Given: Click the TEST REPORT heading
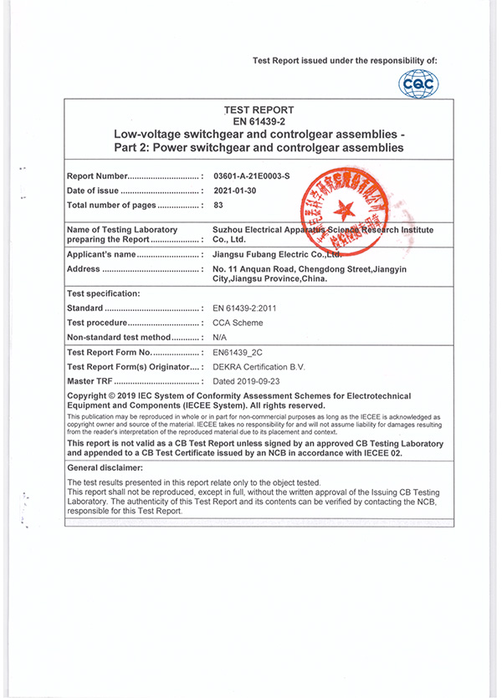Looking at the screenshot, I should [x=259, y=110].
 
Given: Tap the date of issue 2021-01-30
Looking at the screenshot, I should [x=236, y=191].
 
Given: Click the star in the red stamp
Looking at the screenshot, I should [x=344, y=206].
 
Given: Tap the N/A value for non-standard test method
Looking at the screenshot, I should [x=223, y=337].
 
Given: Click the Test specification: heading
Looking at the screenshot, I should [x=103, y=293].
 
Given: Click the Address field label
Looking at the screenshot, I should [x=83, y=268].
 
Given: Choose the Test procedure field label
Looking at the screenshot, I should [x=96, y=323].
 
